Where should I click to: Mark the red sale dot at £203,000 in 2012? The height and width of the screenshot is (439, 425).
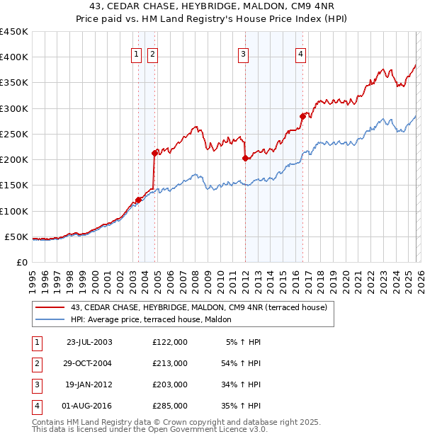[x=245, y=158]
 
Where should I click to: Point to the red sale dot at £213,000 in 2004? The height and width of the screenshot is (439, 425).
[x=154, y=152]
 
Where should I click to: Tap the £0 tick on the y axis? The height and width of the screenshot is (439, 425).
[x=21, y=262]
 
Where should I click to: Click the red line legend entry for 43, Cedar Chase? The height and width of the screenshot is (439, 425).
[x=198, y=308]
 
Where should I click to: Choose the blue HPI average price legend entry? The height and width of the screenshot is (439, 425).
[x=156, y=320]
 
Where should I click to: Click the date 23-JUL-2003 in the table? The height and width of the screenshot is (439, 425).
[x=89, y=341]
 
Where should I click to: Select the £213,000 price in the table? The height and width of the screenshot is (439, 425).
[x=169, y=363]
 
